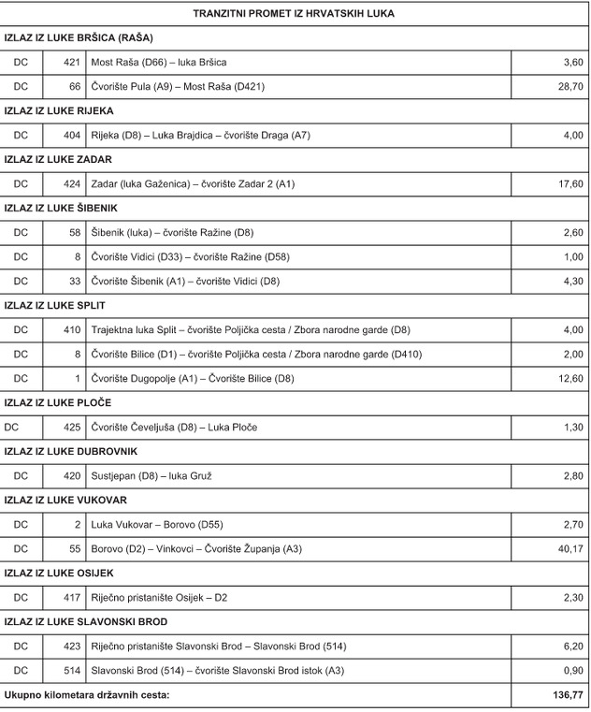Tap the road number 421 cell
click(x=71, y=62)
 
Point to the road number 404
click(x=71, y=136)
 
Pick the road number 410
click(x=71, y=330)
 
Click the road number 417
click(x=71, y=598)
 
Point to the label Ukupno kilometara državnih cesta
click(x=88, y=696)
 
